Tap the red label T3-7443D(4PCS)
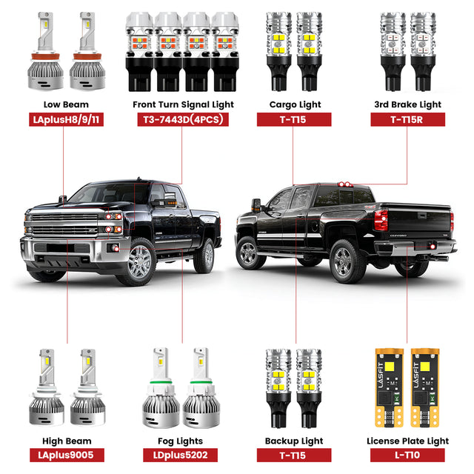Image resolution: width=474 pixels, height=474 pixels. [x=181, y=119]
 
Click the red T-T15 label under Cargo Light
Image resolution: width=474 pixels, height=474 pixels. [x=295, y=119]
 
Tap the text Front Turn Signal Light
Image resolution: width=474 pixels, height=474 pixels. [x=181, y=104]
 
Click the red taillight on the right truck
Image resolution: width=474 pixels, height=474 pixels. [x=381, y=220]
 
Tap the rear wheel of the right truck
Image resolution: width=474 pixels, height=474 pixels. [x=343, y=260]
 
